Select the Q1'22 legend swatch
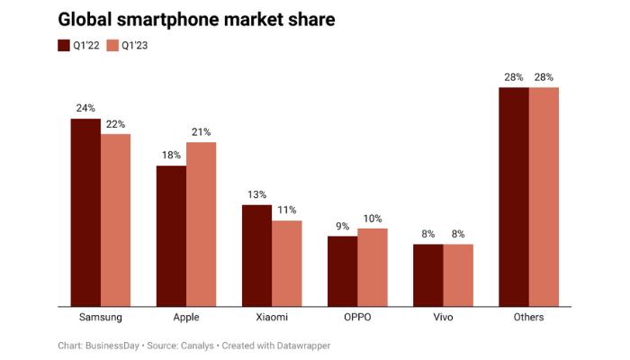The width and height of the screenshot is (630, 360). (x=64, y=45)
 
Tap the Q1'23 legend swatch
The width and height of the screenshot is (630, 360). (x=112, y=45)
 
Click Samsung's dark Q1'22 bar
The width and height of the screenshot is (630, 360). (x=85, y=212)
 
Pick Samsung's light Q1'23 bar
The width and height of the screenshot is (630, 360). (x=115, y=220)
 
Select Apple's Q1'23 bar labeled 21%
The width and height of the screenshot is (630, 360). (x=201, y=224)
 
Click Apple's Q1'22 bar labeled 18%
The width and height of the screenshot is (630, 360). (x=171, y=236)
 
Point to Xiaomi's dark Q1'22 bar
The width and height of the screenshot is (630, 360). (x=256, y=256)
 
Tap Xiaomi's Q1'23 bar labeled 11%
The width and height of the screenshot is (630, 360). (x=286, y=263)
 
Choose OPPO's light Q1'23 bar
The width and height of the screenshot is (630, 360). (x=372, y=267)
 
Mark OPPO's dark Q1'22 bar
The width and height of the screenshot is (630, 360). (x=342, y=271)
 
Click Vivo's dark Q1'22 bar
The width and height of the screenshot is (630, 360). (x=427, y=274)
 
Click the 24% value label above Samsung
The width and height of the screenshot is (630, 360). (x=85, y=108)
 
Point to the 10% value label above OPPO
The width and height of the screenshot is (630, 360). (x=372, y=218)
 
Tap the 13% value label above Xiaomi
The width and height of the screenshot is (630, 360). (x=256, y=194)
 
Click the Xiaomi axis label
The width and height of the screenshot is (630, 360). (x=271, y=318)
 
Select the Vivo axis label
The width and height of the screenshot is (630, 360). (x=442, y=318)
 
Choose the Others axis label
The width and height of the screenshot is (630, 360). (x=527, y=318)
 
